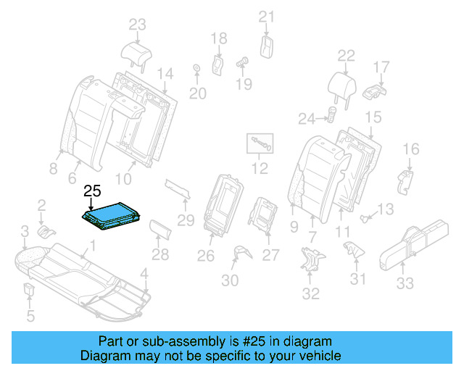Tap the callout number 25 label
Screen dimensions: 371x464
click(x=92, y=192)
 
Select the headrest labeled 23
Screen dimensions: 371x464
click(x=136, y=51)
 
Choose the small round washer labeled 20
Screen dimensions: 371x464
click(x=196, y=70)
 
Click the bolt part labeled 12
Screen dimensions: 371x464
click(x=261, y=143)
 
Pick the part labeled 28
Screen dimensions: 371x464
click(x=160, y=230)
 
